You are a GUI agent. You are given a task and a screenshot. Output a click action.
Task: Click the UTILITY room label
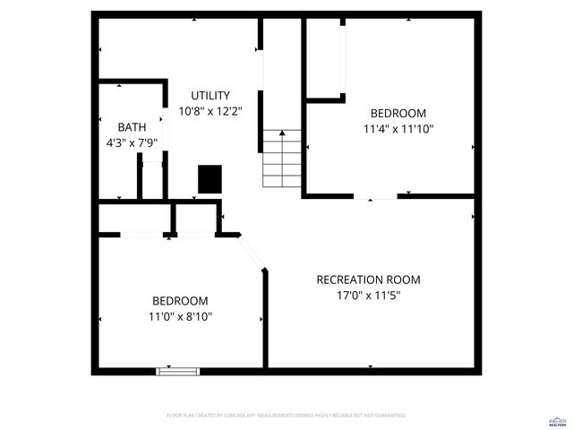point(210,96)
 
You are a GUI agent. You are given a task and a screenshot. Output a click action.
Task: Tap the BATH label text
point(132,127)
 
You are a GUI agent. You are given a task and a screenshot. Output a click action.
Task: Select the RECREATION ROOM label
point(368,279)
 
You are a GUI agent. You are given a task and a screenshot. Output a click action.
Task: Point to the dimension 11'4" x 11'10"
point(398,128)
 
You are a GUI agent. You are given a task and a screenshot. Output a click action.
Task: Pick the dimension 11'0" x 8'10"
point(180,316)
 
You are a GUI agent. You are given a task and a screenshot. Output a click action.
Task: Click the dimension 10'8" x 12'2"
point(210,111)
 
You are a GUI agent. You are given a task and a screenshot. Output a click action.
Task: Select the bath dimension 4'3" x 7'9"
point(132,142)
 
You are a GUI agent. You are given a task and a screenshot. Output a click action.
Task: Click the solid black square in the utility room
point(210,179)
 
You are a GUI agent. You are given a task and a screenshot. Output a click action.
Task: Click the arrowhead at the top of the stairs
point(283,133)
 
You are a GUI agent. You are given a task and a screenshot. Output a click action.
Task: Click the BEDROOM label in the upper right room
point(398,113)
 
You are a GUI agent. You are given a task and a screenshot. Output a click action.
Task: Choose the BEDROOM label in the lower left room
point(180,301)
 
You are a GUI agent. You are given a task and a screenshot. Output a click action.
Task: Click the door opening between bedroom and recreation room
point(375,196)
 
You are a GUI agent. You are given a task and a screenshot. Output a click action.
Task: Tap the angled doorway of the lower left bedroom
point(253,253)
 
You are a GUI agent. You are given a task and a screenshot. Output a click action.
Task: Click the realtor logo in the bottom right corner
point(557,419)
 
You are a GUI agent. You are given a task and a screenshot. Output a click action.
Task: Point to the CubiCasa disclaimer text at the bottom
point(286,416)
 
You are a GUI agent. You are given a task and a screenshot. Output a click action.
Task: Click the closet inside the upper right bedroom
point(326,58)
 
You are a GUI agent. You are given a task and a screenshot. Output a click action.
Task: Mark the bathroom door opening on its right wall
point(165,134)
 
